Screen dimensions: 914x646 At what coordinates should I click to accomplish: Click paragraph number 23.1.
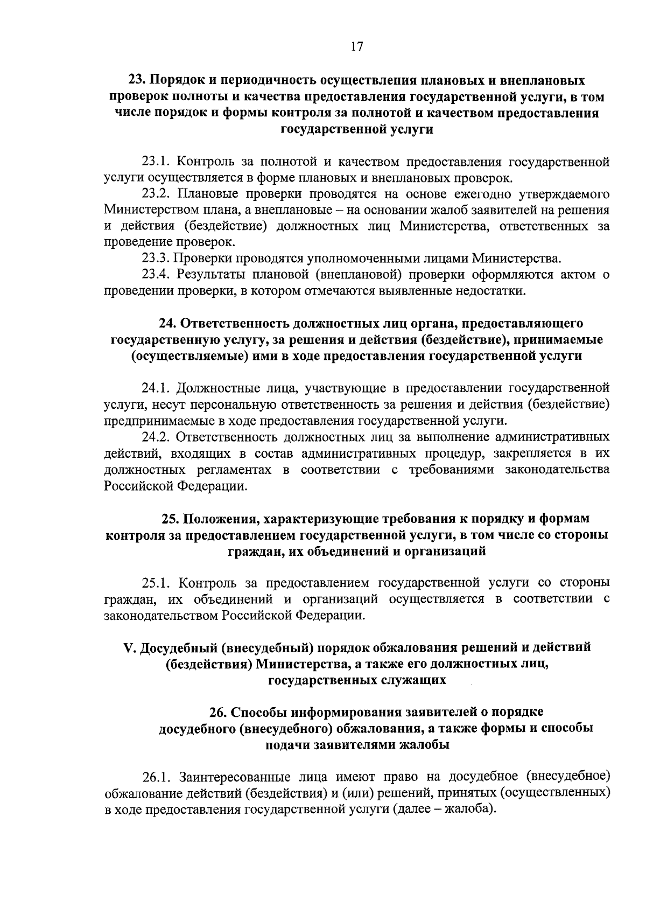tap(156, 162)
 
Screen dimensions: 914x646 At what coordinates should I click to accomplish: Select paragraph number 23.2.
tap(156, 193)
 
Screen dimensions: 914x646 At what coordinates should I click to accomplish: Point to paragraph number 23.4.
tap(156, 275)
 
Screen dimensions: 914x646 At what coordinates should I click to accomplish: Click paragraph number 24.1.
tap(156, 388)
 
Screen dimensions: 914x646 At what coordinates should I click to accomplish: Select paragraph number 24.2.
tap(156, 436)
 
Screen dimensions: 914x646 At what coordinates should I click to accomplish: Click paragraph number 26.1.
tap(156, 777)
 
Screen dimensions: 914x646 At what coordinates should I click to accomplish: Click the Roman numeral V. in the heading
tap(130, 647)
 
